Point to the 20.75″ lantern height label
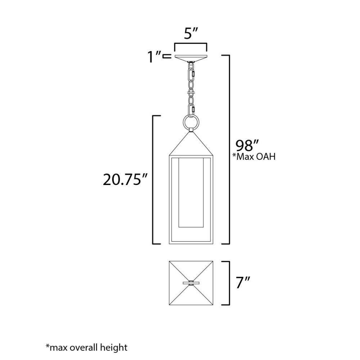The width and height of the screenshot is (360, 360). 125,180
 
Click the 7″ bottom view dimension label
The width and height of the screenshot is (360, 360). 243,282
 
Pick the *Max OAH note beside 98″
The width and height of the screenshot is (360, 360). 254,157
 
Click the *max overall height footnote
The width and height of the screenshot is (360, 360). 86,347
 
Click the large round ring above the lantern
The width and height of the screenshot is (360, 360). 191,122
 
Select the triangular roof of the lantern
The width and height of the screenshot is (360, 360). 191,144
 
